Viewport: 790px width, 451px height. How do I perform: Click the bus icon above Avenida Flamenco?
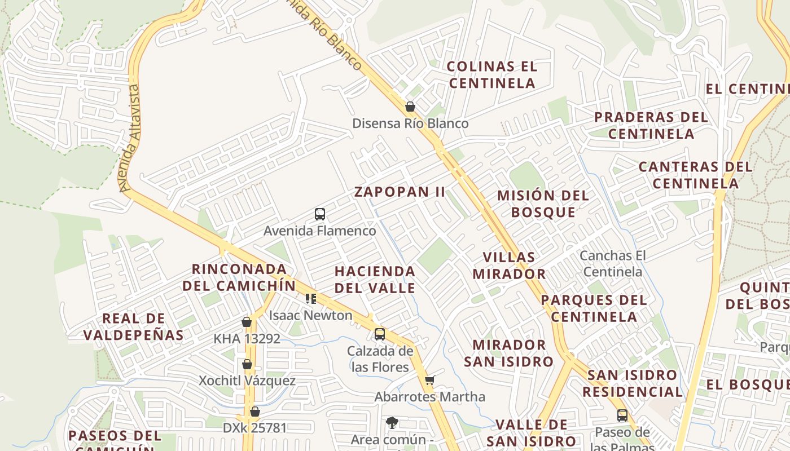320,214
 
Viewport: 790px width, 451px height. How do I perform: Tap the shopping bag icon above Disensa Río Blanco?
410,107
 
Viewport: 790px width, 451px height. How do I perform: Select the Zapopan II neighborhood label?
400,192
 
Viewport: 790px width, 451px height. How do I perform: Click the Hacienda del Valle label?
375,280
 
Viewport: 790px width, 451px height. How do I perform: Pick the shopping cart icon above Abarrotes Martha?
430,381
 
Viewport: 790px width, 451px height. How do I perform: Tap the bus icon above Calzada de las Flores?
380,334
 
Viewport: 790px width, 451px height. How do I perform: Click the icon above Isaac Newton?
310,298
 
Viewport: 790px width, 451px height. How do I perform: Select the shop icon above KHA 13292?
247,322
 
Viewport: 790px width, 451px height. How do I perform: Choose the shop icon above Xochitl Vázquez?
247,364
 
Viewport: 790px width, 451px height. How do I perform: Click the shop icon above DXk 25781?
254,412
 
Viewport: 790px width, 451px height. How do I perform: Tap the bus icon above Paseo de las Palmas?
622,415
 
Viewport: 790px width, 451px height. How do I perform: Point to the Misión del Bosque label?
543,204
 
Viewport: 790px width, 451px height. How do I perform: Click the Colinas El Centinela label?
491,75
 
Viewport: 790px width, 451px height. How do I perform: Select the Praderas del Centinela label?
651,126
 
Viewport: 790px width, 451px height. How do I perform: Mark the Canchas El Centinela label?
613,264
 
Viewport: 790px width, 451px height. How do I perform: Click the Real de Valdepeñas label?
134,327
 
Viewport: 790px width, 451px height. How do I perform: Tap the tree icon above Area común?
392,423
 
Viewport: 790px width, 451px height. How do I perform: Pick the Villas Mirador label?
509,266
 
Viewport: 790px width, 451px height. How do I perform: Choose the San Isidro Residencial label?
633,383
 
